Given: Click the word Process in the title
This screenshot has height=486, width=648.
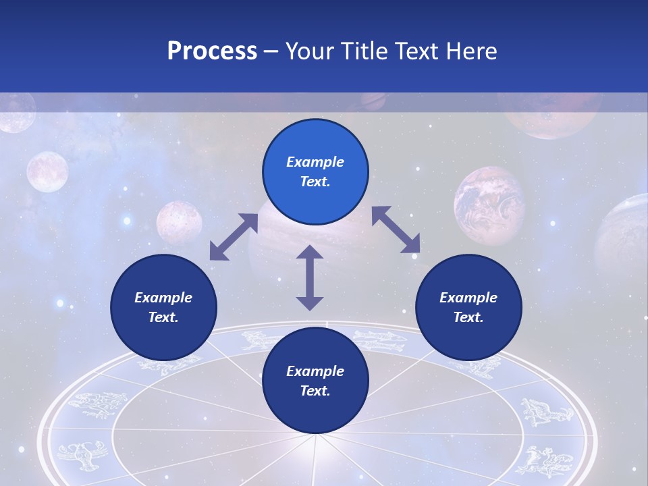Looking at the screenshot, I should click(x=212, y=51).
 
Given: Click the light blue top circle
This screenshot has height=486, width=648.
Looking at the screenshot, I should click(x=315, y=172).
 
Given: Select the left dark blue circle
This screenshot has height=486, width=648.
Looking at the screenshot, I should click(x=163, y=307).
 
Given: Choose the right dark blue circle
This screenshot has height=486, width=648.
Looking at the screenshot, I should click(x=468, y=307).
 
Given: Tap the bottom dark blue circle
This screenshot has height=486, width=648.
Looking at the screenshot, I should click(x=315, y=381).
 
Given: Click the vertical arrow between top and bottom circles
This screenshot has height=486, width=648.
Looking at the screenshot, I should click(x=310, y=277).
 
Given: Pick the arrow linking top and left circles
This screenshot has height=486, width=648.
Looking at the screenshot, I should click(x=234, y=237).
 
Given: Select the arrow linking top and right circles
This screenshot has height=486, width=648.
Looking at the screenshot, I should click(x=396, y=230).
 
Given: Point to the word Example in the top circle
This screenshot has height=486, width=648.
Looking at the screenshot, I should click(x=315, y=162).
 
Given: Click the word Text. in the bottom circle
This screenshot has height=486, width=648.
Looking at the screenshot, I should click(x=315, y=391).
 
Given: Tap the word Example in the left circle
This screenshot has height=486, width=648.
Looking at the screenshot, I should click(x=163, y=298).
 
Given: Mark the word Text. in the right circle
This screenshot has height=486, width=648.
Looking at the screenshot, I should click(x=468, y=317).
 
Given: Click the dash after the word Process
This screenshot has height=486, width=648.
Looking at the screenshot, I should click(x=271, y=51).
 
